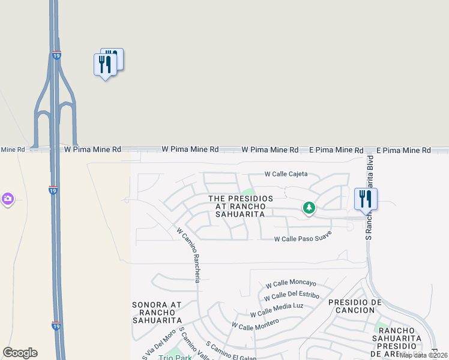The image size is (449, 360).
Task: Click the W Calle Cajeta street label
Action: pyautogui.click(x=286, y=174)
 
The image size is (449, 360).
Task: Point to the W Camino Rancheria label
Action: pyautogui.click(x=188, y=254)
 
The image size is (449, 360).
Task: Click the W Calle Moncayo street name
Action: pyautogui.click(x=291, y=283)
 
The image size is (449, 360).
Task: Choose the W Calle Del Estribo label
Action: pyautogui.click(x=291, y=296)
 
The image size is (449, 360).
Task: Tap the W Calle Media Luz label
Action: pyautogui.click(x=277, y=310)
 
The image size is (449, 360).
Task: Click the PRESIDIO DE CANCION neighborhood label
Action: pyautogui.click(x=355, y=306)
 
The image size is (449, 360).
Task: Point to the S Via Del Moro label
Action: pyautogui.click(x=151, y=344)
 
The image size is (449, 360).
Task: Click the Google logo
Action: pyautogui.click(x=20, y=353)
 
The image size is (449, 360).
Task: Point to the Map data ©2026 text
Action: pyautogui.click(x=424, y=355)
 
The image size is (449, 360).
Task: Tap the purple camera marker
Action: pyautogui.click(x=8, y=199)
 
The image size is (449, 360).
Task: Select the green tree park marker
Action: pyautogui.click(x=309, y=208)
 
